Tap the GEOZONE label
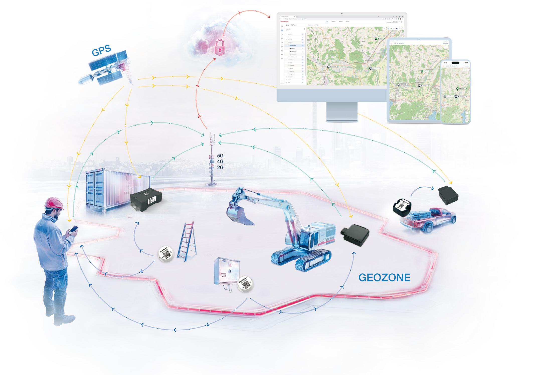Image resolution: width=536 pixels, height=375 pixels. pos(384,278)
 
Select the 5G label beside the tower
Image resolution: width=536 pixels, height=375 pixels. pos(220,156)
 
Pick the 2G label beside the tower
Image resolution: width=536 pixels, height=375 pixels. pos(220,167)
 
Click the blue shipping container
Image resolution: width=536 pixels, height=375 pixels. pos(110,189)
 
